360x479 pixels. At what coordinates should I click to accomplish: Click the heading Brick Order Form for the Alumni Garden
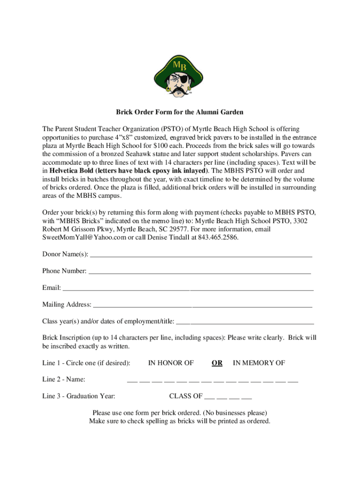[x=180, y=112]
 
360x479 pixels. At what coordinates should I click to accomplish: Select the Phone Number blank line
[x=200, y=272]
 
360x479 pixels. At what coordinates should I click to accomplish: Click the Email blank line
[x=188, y=289]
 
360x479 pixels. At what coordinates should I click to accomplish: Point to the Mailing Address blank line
[x=202, y=306]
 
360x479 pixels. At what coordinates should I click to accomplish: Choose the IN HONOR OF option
[x=171, y=363]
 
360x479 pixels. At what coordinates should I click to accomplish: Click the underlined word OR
[x=217, y=363]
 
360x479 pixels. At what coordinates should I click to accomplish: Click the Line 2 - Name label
[x=64, y=379]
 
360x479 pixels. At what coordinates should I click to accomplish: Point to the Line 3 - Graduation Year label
[x=79, y=396]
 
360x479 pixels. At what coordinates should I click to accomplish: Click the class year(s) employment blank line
[x=245, y=323]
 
